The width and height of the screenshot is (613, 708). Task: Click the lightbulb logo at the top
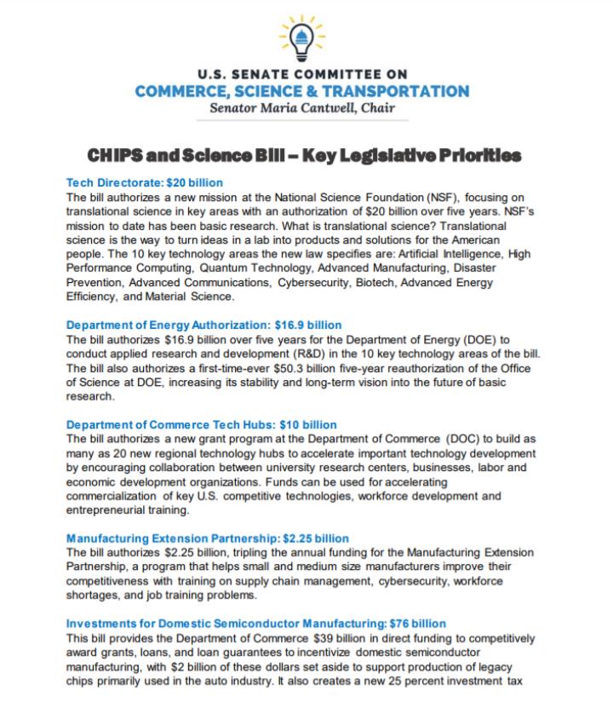[306, 35]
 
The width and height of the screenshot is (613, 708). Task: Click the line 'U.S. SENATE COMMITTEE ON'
[306, 74]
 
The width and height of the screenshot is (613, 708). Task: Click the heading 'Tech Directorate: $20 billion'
[145, 182]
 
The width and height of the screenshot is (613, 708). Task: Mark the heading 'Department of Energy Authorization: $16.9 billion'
[203, 325]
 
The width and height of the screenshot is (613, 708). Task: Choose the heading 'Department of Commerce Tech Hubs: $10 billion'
[201, 424]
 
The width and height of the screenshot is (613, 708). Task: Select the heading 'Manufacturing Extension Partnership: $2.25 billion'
[207, 538]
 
